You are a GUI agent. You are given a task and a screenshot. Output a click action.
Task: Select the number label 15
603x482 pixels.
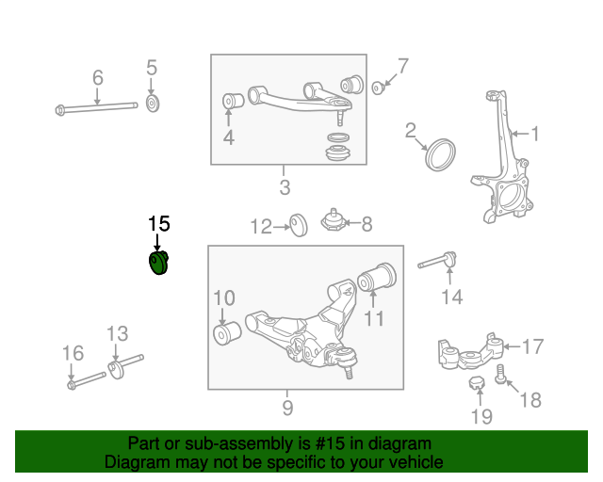[x=158, y=224]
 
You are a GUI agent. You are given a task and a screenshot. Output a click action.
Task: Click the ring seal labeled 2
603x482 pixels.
[x=441, y=155]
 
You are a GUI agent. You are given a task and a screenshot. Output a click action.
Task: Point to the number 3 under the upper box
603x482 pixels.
[x=285, y=186]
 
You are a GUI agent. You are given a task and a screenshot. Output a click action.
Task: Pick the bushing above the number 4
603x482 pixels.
[x=229, y=101]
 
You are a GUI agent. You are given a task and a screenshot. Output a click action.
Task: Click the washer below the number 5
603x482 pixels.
[x=153, y=102]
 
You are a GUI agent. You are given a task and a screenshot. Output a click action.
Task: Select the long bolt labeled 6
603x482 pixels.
[x=94, y=107]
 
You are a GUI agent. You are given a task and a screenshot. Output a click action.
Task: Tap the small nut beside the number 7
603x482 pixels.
[x=378, y=88]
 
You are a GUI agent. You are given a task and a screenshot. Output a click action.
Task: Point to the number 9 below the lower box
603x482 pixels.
[x=287, y=408]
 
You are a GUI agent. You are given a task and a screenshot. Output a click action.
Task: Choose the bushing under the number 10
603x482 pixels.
[x=225, y=334]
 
